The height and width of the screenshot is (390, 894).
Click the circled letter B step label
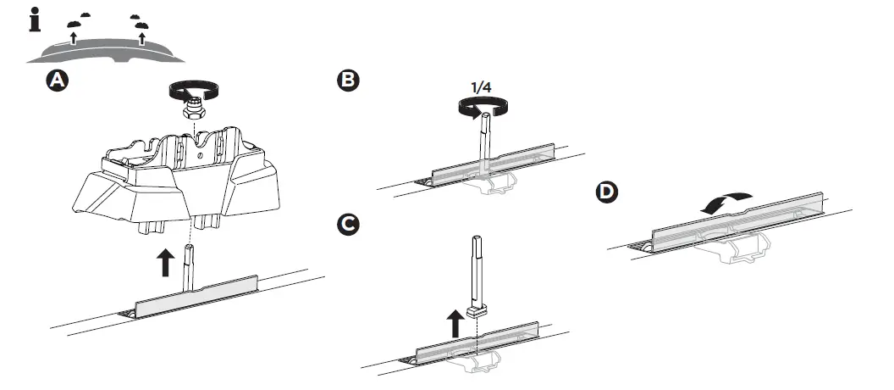tap(348, 80)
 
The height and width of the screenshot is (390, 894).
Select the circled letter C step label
tap(348, 225)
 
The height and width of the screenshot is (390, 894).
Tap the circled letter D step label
tap(606, 192)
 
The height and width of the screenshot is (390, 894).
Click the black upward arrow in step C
tap(455, 323)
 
